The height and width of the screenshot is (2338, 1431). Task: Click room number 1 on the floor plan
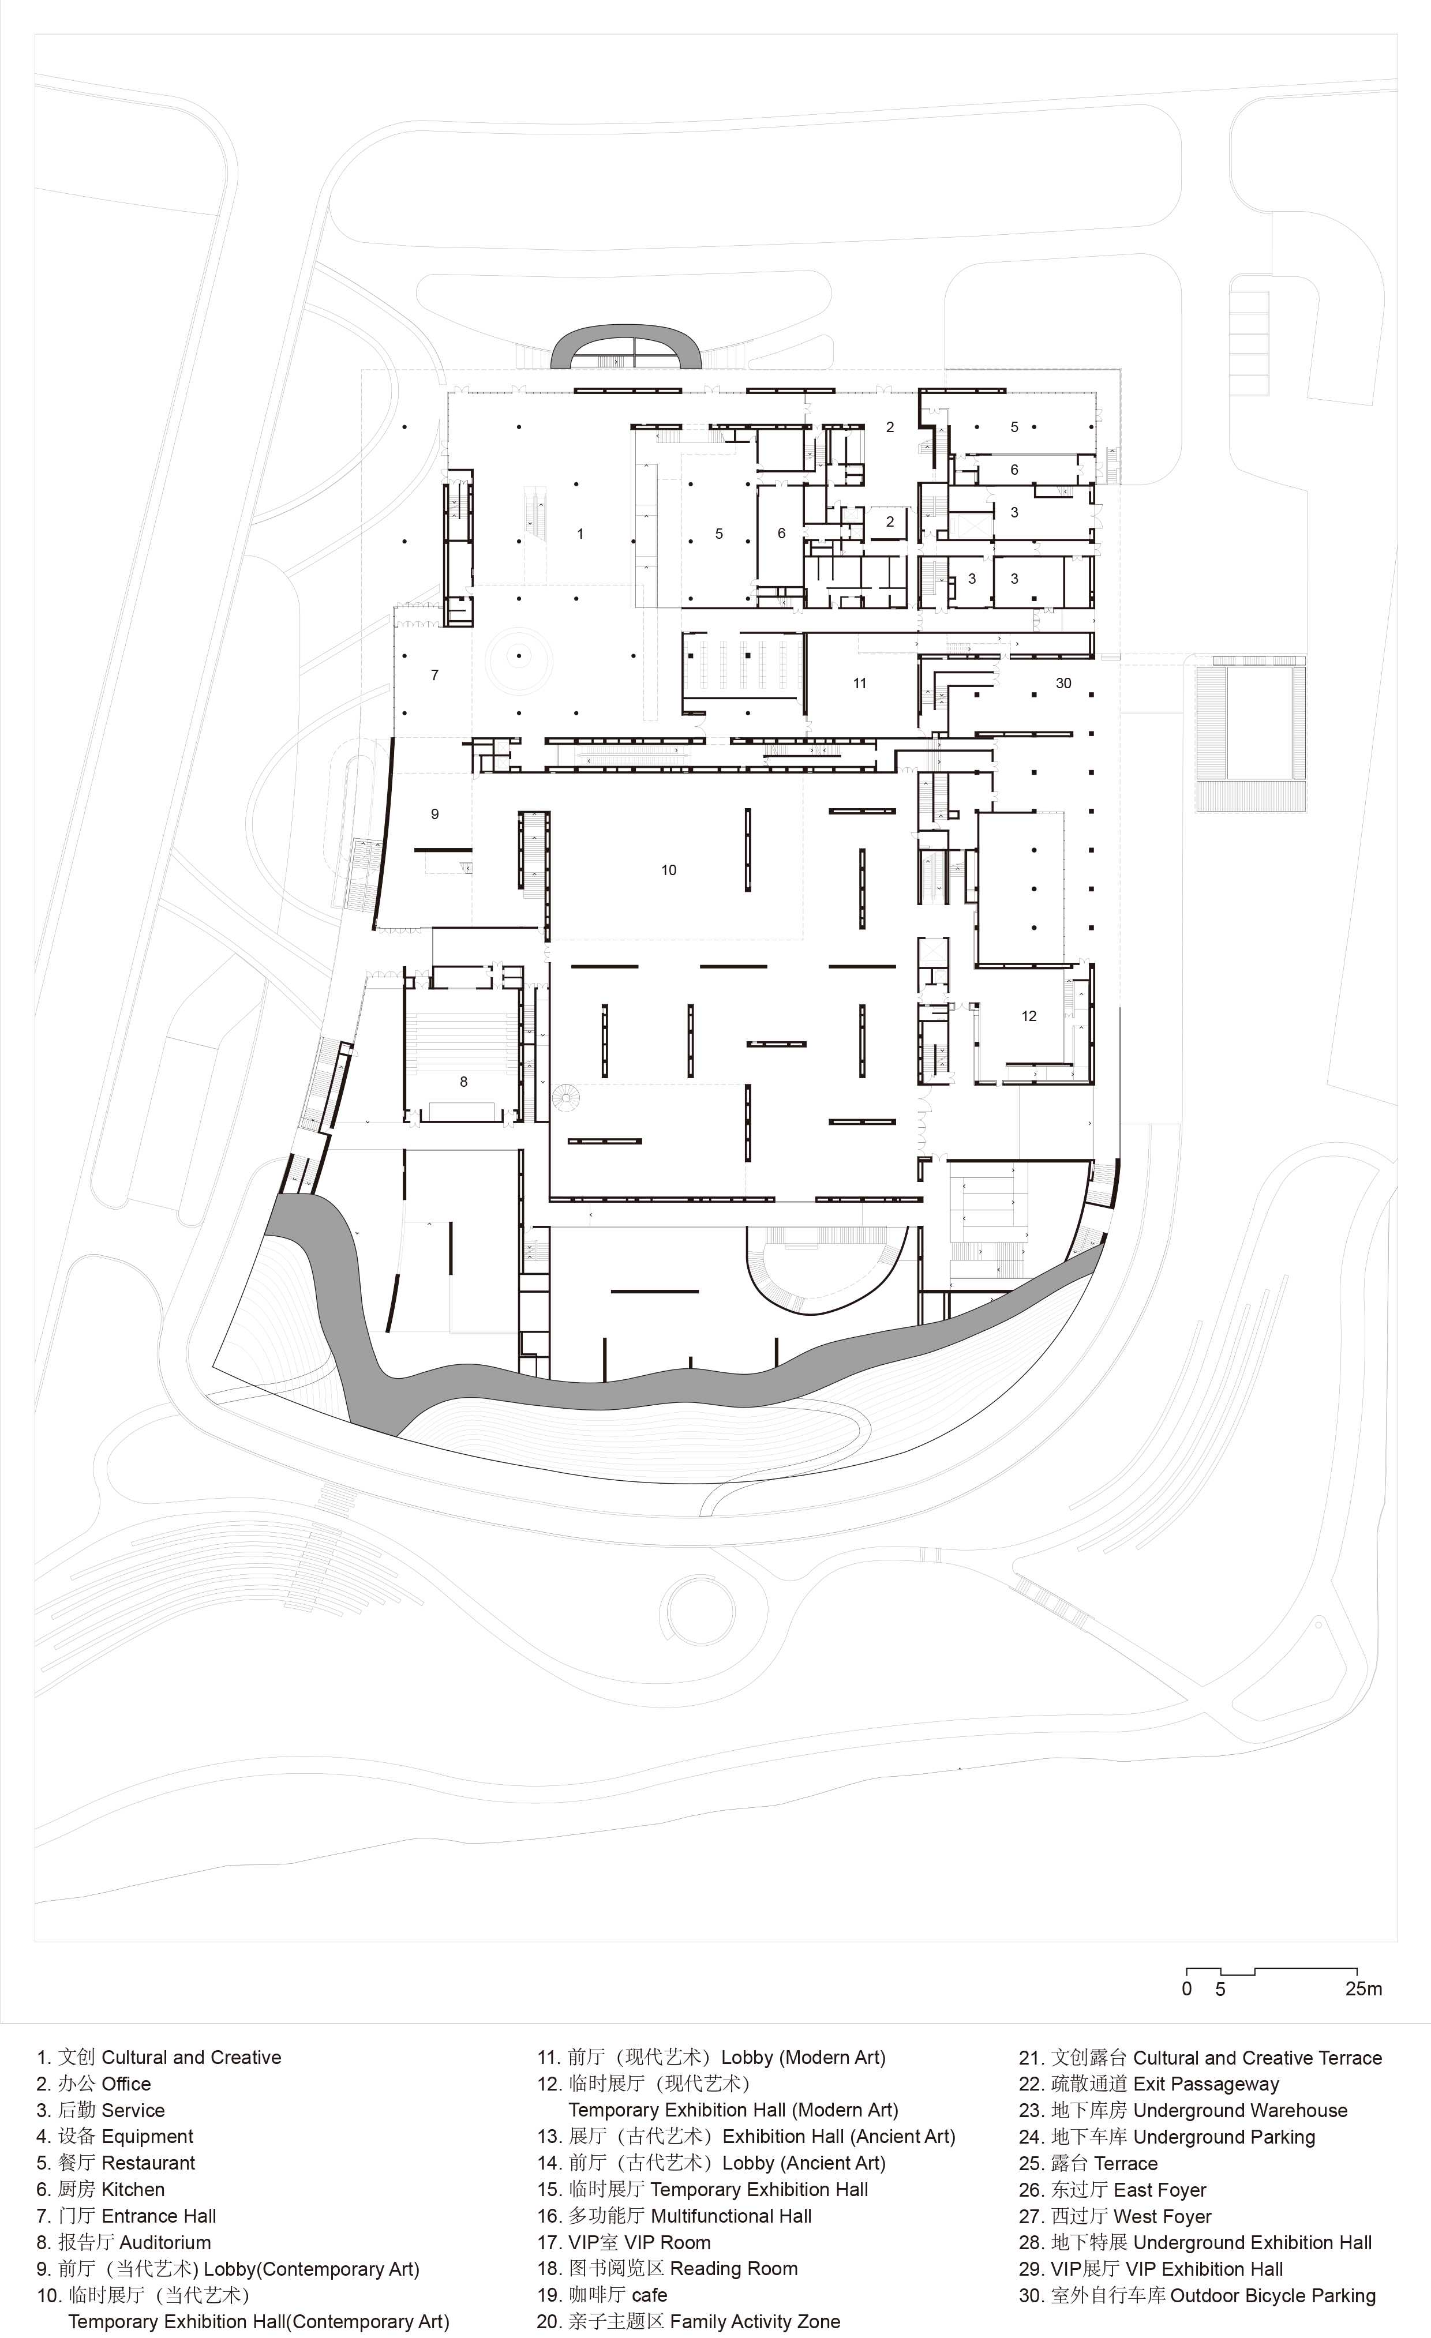pyautogui.click(x=580, y=534)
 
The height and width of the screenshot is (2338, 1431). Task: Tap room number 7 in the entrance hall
pyautogui.click(x=434, y=675)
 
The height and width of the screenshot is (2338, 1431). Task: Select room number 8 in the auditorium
pyautogui.click(x=463, y=1081)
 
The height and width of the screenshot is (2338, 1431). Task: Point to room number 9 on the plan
pyautogui.click(x=434, y=813)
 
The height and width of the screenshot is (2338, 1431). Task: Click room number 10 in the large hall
pyautogui.click(x=669, y=869)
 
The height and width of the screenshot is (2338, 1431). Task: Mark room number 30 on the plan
pyautogui.click(x=1064, y=682)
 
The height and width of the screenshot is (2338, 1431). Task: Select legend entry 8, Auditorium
pyautogui.click(x=124, y=2242)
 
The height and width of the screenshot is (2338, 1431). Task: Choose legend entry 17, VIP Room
pyautogui.click(x=623, y=2242)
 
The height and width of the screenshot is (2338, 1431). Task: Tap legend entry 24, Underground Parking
pyautogui.click(x=1167, y=2136)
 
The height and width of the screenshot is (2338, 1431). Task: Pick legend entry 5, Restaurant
pyautogui.click(x=116, y=2163)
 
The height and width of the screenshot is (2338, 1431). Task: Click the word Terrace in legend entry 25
pyautogui.click(x=1126, y=2163)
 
